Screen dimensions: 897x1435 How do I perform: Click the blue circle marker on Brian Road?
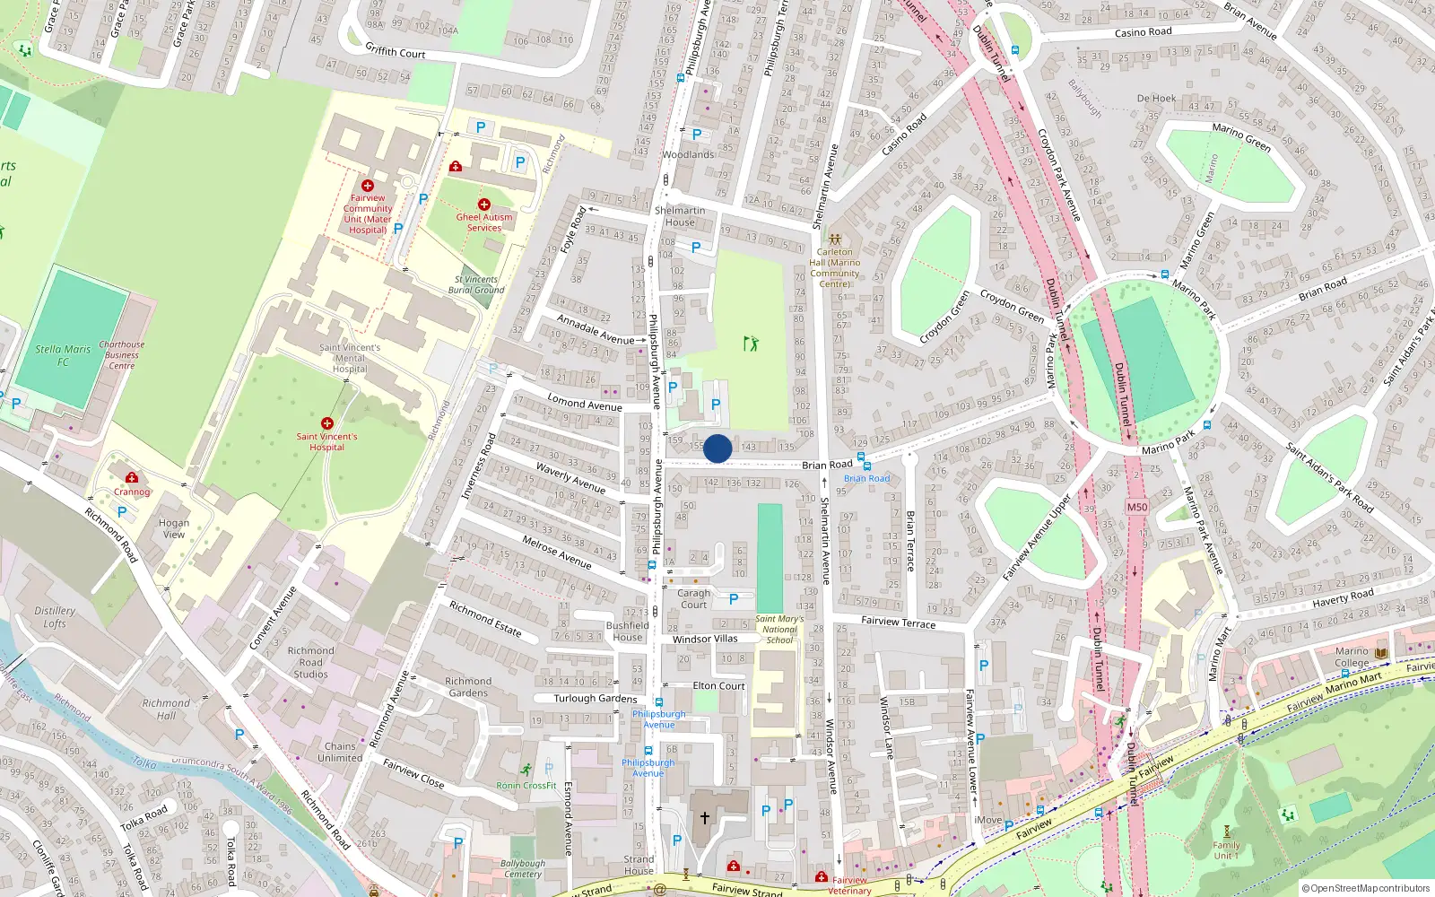717,448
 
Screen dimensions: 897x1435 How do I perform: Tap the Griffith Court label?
395,52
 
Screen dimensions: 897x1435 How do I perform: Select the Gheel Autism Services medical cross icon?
484,205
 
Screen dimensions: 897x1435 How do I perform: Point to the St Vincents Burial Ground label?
476,285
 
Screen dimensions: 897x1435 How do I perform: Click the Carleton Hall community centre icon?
835,239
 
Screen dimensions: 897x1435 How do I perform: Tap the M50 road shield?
1137,507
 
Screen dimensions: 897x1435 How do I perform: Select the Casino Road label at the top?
1143,32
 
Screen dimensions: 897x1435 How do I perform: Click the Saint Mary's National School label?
779,629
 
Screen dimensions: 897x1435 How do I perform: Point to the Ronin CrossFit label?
526,786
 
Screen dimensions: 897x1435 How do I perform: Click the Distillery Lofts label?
55,617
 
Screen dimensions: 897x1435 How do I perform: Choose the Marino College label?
1352,657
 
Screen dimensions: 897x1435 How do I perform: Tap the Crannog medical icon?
132,478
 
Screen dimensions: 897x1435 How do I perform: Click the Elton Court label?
718,686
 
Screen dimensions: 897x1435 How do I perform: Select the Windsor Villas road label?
705,639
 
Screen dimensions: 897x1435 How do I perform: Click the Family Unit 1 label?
1226,850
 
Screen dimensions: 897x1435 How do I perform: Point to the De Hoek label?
1156,99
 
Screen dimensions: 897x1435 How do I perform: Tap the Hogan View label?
174,528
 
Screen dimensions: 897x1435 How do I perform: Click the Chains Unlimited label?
340,752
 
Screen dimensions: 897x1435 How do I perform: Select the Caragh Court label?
693,598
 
